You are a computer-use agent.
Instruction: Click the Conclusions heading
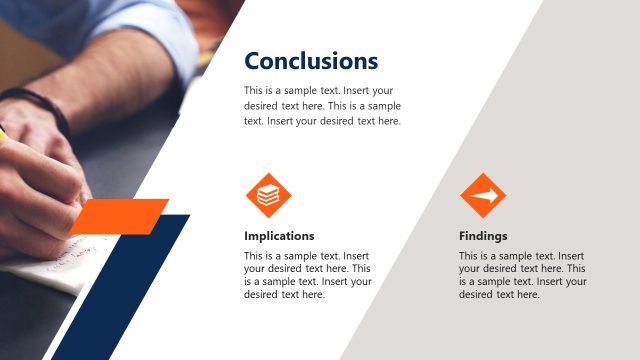click(311, 61)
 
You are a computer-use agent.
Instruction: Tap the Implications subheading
click(279, 236)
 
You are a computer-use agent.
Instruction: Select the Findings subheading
click(483, 236)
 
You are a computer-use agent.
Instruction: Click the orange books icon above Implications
click(268, 196)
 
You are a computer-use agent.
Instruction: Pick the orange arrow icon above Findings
click(483, 196)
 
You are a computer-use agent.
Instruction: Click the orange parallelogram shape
click(121, 216)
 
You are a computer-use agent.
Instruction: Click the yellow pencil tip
click(2, 129)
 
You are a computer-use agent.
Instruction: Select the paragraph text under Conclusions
click(322, 105)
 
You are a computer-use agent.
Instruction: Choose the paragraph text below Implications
click(308, 275)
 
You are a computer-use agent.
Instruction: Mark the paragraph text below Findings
click(522, 275)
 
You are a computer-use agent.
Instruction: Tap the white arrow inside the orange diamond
click(484, 196)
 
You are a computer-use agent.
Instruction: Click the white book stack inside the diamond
click(268, 197)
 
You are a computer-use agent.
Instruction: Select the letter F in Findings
click(463, 236)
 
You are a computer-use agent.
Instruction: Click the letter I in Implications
click(247, 236)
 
